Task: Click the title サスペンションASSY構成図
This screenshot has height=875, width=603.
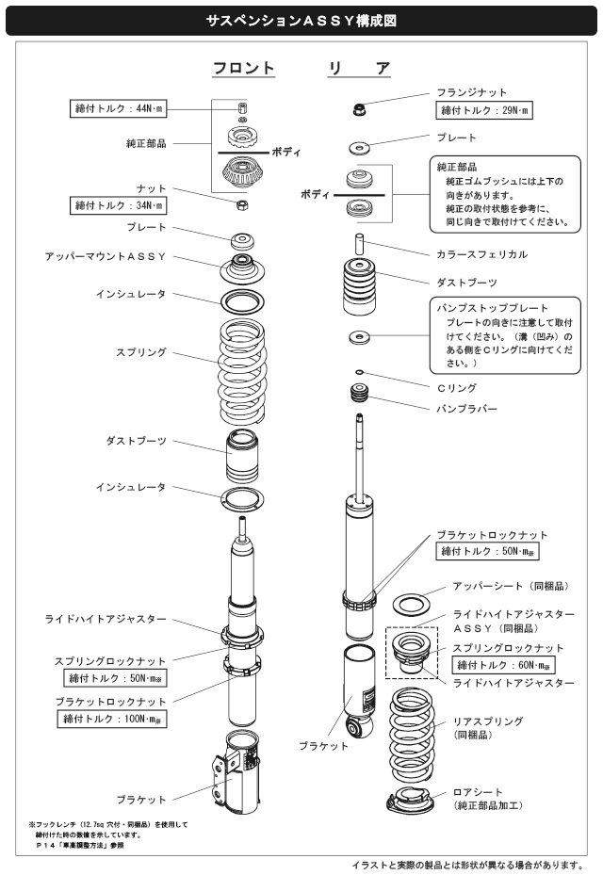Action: tap(301, 18)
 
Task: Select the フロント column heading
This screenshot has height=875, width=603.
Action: tap(242, 69)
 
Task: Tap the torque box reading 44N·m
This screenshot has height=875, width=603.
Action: tap(119, 109)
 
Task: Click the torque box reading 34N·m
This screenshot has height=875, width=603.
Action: tap(119, 204)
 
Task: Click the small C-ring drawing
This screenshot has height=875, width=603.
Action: tap(361, 372)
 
